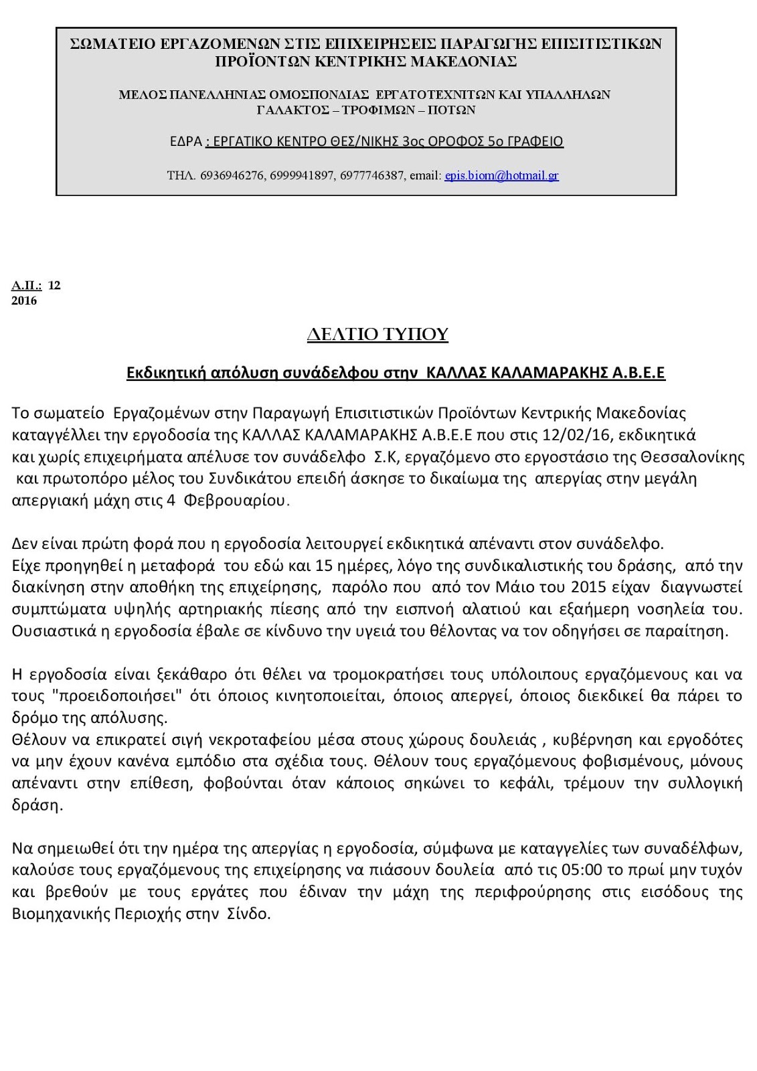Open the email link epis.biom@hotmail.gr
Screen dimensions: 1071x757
click(x=501, y=175)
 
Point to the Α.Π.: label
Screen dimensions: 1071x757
click(x=27, y=285)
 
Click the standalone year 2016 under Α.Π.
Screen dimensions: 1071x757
click(x=24, y=301)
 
